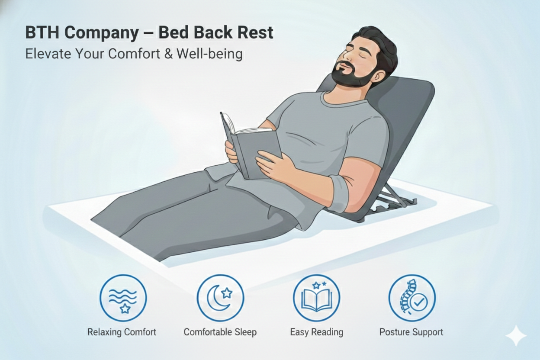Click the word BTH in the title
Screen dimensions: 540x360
click(x=42, y=32)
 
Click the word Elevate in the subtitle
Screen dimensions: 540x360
click(x=48, y=54)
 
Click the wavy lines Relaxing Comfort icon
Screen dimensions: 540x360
click(x=123, y=298)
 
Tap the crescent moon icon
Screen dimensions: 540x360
click(x=220, y=298)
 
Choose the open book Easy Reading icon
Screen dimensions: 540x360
click(x=317, y=298)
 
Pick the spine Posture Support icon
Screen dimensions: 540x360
click(x=412, y=298)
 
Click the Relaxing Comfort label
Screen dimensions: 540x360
click(x=122, y=332)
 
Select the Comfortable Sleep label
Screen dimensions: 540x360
click(x=220, y=332)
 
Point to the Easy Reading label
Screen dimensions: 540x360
click(x=317, y=332)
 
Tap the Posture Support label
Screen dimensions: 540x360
click(x=411, y=332)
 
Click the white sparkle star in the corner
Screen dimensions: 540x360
click(x=516, y=336)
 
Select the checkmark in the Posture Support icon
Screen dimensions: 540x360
click(x=419, y=302)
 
